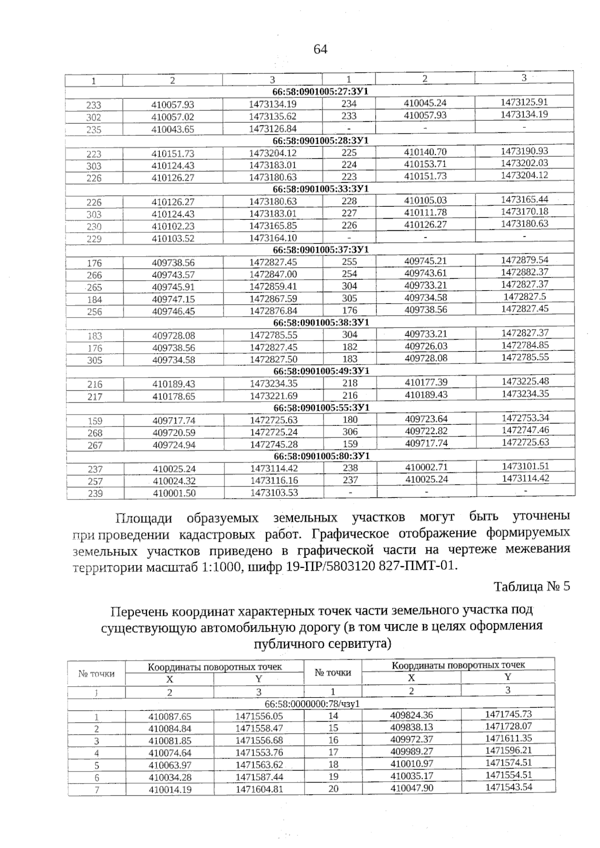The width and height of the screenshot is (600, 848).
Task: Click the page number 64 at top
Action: coord(320,49)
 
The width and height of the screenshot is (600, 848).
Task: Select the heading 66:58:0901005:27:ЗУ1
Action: coord(320,92)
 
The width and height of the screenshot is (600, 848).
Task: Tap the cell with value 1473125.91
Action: coord(524,102)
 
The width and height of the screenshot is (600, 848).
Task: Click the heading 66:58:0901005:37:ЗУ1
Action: coord(320,249)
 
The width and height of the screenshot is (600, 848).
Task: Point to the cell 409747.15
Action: coord(173,299)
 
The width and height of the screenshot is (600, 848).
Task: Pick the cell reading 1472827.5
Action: coord(524,297)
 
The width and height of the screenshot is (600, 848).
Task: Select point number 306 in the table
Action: coord(350,431)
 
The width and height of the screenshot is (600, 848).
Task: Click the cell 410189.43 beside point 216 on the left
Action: coord(173,384)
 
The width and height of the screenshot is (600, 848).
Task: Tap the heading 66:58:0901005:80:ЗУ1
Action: coord(321,456)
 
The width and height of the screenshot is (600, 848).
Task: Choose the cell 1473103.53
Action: coord(273,493)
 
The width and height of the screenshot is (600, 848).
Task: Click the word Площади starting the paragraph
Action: coord(143,517)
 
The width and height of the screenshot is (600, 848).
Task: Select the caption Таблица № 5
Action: coord(531,586)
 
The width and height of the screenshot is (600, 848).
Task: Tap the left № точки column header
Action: coord(96,674)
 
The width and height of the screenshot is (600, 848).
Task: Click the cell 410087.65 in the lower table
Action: coord(170,717)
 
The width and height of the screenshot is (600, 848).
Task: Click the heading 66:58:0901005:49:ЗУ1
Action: coord(321,371)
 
